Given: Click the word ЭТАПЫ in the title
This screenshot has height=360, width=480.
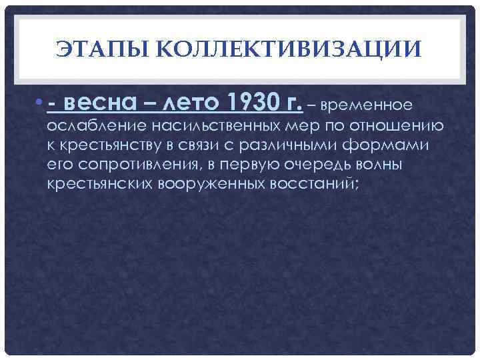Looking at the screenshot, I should [x=104, y=49].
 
